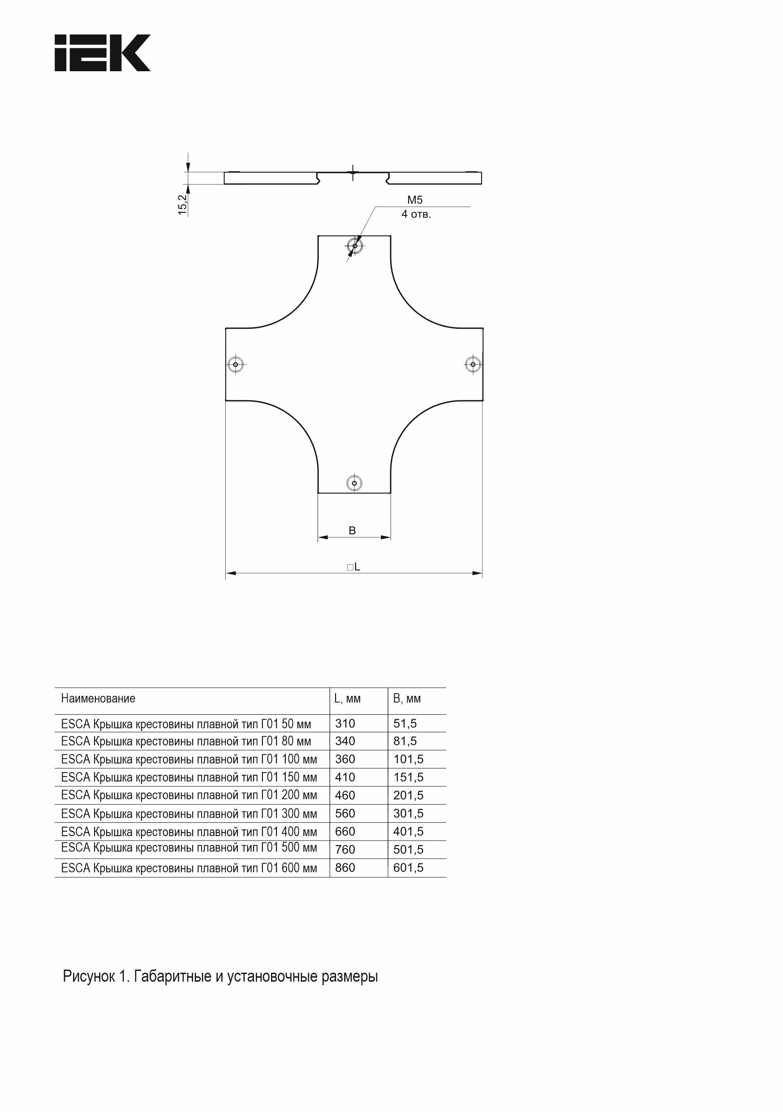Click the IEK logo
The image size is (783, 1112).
[102, 53]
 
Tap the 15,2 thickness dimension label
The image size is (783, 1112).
[183, 205]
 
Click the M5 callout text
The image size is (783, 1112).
[415, 200]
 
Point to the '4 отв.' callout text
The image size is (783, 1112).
[416, 214]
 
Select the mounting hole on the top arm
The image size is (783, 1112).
[355, 246]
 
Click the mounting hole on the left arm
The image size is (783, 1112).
[236, 364]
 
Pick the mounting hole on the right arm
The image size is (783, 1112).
[473, 364]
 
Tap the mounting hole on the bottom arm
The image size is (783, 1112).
[354, 483]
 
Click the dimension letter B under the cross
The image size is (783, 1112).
[352, 530]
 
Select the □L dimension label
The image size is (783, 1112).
[354, 567]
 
